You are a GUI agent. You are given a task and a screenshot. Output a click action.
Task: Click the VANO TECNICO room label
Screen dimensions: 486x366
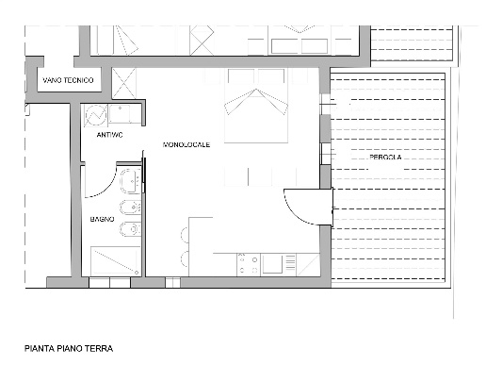pos(68,80)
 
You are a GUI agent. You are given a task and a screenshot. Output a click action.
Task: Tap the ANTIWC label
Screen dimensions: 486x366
pos(109,135)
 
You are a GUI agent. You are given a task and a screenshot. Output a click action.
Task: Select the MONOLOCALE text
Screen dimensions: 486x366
pos(186,144)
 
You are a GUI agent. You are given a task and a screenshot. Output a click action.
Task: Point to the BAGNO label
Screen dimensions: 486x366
pos(102,219)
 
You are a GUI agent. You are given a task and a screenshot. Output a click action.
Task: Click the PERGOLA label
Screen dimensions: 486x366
pos(385,157)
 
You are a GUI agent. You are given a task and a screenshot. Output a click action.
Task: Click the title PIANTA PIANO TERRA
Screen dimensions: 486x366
pos(69,348)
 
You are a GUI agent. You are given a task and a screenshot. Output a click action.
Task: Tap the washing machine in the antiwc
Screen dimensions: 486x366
pos(95,115)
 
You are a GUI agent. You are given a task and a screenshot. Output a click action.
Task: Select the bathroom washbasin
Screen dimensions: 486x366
pos(131,181)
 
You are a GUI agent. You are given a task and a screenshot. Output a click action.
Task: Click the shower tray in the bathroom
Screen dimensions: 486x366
pos(115,261)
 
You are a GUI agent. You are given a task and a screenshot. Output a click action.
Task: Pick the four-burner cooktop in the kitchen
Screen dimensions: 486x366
pos(249,265)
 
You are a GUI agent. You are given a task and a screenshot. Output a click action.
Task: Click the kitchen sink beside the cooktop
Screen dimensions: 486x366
pos(272,263)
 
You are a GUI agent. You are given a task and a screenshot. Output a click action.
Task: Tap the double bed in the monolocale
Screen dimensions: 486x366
pos(256,106)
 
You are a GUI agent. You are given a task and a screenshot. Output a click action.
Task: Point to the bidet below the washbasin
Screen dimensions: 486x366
pos(130,208)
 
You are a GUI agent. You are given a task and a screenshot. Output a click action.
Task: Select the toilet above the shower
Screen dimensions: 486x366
pos(130,229)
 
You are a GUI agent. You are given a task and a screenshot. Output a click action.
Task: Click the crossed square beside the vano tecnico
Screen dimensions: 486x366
pos(124,83)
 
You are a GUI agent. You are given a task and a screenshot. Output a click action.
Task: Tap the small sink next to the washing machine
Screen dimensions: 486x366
pos(120,114)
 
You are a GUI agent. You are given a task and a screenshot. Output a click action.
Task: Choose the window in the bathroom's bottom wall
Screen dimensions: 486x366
pos(109,282)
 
